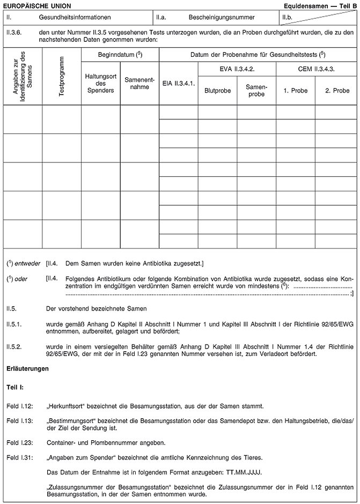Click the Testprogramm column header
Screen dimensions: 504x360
click(62, 76)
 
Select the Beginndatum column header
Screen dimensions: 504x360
click(120, 55)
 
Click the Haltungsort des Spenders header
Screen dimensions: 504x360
click(100, 84)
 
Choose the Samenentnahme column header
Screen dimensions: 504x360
click(139, 83)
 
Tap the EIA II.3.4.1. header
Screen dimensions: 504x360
click(178, 83)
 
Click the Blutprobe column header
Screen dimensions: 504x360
click(217, 91)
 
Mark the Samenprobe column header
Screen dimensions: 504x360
click(256, 90)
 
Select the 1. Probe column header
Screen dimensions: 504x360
click(295, 91)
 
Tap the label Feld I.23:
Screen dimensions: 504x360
click(20, 442)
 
